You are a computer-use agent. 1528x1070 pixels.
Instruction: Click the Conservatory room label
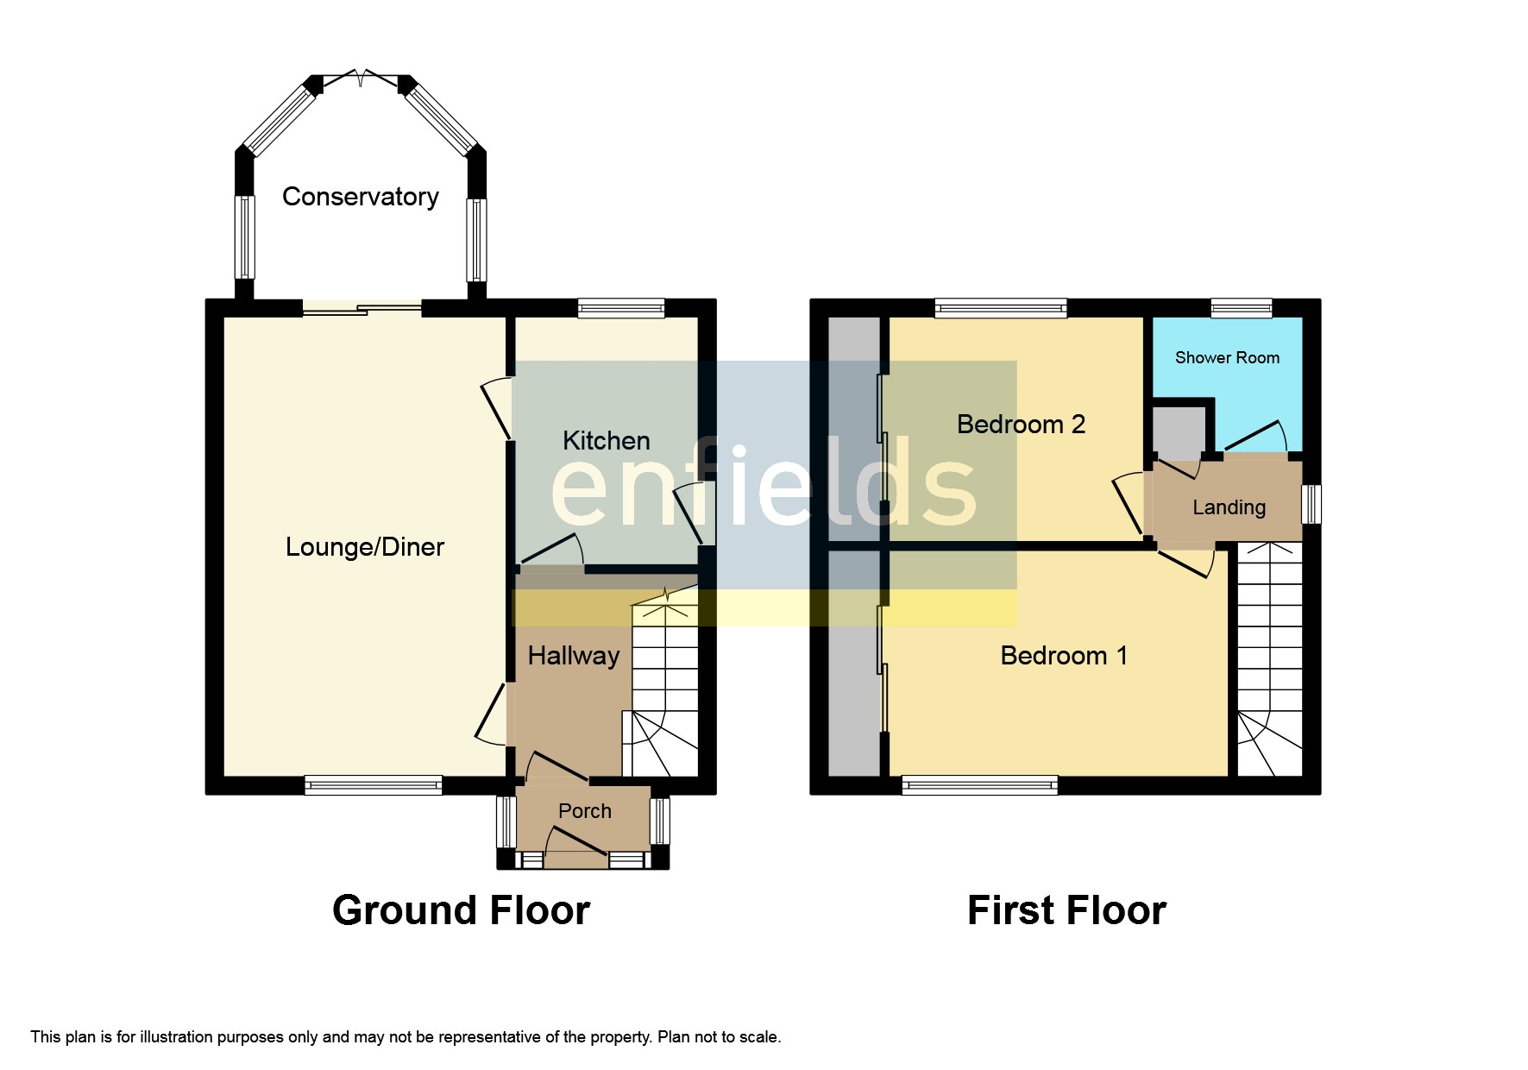[x=360, y=197]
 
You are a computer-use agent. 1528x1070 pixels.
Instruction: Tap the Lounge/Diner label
[x=364, y=547]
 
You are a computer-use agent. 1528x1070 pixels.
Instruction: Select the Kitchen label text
[x=606, y=441]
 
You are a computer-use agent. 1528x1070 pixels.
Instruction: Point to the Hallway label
[x=573, y=656]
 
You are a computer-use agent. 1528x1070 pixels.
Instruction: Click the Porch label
[x=584, y=811]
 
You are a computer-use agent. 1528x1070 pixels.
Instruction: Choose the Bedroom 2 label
[x=1021, y=425]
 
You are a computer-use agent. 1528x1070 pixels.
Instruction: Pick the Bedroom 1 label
[x=1063, y=656]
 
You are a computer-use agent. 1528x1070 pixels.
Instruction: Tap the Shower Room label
[x=1226, y=357]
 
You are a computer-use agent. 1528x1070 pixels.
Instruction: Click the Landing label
[x=1228, y=507]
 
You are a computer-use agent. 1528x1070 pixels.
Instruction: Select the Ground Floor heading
[x=461, y=910]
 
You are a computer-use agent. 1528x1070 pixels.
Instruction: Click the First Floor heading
[x=1066, y=910]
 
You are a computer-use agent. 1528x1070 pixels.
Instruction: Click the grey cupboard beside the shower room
[x=1179, y=430]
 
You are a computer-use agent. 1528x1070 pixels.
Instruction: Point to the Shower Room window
[x=1241, y=308]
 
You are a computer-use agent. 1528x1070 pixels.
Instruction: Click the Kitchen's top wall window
[x=621, y=308]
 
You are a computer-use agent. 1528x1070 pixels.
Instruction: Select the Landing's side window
[x=1311, y=504]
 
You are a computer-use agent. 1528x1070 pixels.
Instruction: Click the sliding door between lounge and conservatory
[x=362, y=308]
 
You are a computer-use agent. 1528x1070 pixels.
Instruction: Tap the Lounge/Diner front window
[x=373, y=785]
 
